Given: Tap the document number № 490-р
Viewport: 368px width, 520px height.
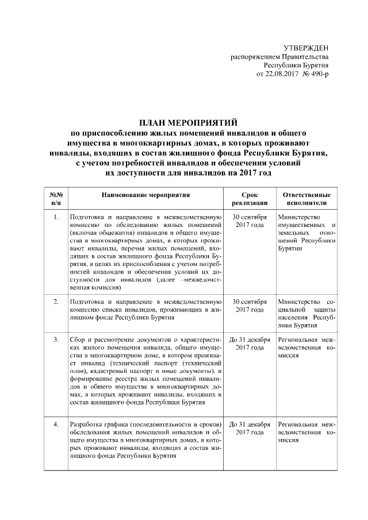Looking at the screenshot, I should pos(315,75).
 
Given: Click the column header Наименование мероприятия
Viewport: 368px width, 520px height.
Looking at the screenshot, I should pos(145,195).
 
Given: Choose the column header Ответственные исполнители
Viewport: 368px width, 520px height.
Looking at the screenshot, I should pos(306,199).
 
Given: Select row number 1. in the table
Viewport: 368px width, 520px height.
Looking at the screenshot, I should pos(56,218).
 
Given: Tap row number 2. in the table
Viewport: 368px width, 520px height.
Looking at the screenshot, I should pos(56,302).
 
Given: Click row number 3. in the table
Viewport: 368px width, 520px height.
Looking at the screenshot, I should pos(56,340).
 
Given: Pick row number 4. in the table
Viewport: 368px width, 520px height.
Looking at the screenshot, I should pos(56,424).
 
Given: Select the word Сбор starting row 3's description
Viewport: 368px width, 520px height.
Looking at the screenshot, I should pos(76,340).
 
